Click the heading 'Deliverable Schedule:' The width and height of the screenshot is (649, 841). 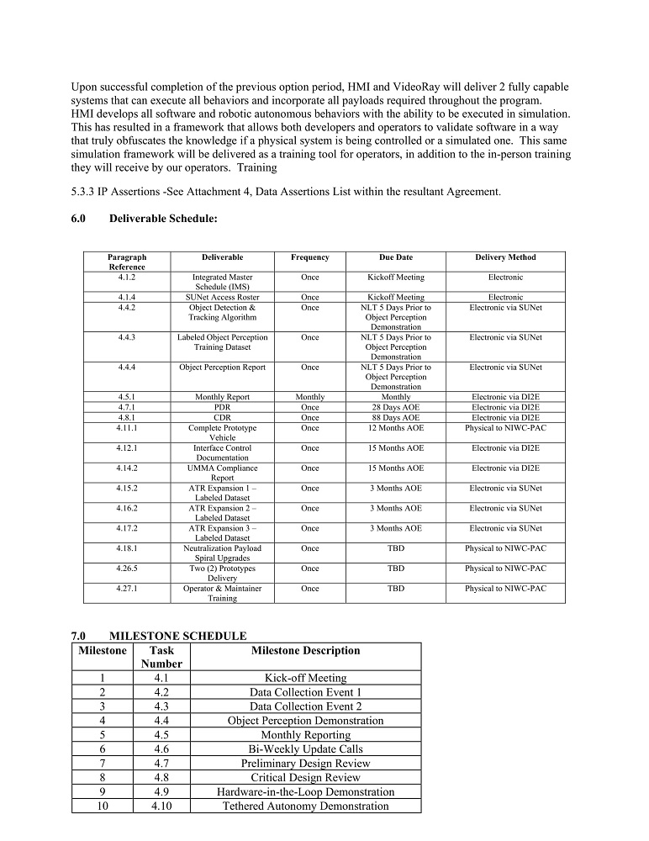(x=163, y=219)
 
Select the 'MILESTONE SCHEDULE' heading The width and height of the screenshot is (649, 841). (x=178, y=636)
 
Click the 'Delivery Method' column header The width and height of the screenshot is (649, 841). (x=504, y=257)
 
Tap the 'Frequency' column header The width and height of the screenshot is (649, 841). (x=310, y=257)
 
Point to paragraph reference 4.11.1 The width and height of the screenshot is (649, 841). (x=127, y=427)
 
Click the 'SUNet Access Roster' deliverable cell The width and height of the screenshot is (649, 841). (x=223, y=297)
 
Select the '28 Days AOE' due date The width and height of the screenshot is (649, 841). (x=396, y=407)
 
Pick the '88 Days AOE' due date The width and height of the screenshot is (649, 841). (x=396, y=417)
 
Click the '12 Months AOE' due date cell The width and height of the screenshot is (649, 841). (x=396, y=427)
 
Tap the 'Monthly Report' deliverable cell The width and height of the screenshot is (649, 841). (x=223, y=397)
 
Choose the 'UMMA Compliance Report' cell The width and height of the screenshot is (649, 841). (x=223, y=473)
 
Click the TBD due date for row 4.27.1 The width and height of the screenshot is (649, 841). (x=396, y=589)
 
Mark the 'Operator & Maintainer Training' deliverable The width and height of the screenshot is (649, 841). (x=223, y=594)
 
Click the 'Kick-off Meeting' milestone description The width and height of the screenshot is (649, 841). (x=305, y=678)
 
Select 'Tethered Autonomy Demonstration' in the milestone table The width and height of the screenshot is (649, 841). (x=305, y=806)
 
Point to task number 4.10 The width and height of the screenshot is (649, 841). (x=161, y=806)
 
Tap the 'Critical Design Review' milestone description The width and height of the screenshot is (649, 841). (x=305, y=777)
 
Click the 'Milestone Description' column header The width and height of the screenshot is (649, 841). (x=305, y=650)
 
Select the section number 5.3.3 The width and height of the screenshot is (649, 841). (x=86, y=192)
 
